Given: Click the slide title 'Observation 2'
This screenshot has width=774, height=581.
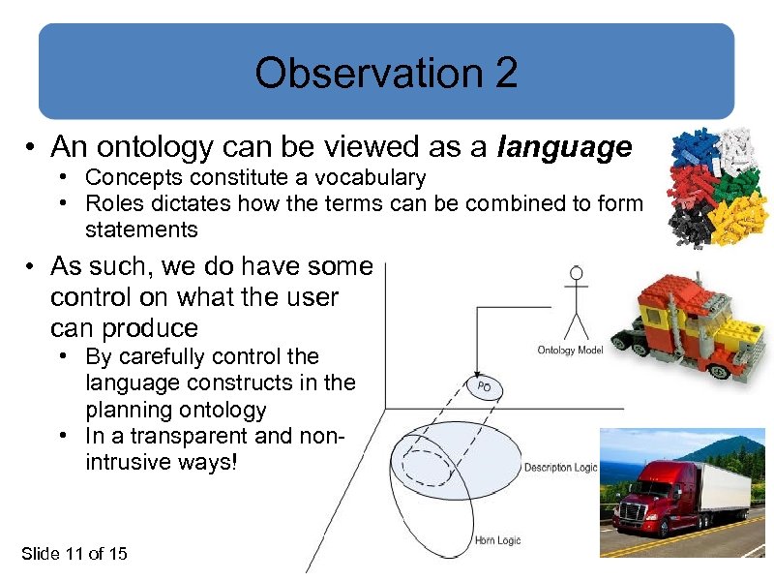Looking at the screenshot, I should point(386,73).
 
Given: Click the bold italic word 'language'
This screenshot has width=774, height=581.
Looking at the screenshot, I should point(564,147).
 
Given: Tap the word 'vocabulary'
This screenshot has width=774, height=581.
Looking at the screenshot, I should point(373,178).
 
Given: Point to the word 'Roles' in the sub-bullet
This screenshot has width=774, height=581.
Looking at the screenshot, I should point(111,203).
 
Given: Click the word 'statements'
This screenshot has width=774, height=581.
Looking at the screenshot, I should point(141,229).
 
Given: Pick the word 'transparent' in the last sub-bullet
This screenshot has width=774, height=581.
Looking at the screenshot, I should point(184,436).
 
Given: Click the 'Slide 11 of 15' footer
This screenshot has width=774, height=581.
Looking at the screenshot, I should point(74,553).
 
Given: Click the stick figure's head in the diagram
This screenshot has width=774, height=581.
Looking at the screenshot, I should point(578,274).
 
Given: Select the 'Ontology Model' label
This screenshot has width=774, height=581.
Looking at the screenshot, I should point(570,350).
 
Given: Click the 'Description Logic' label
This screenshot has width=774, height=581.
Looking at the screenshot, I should point(560,468).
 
